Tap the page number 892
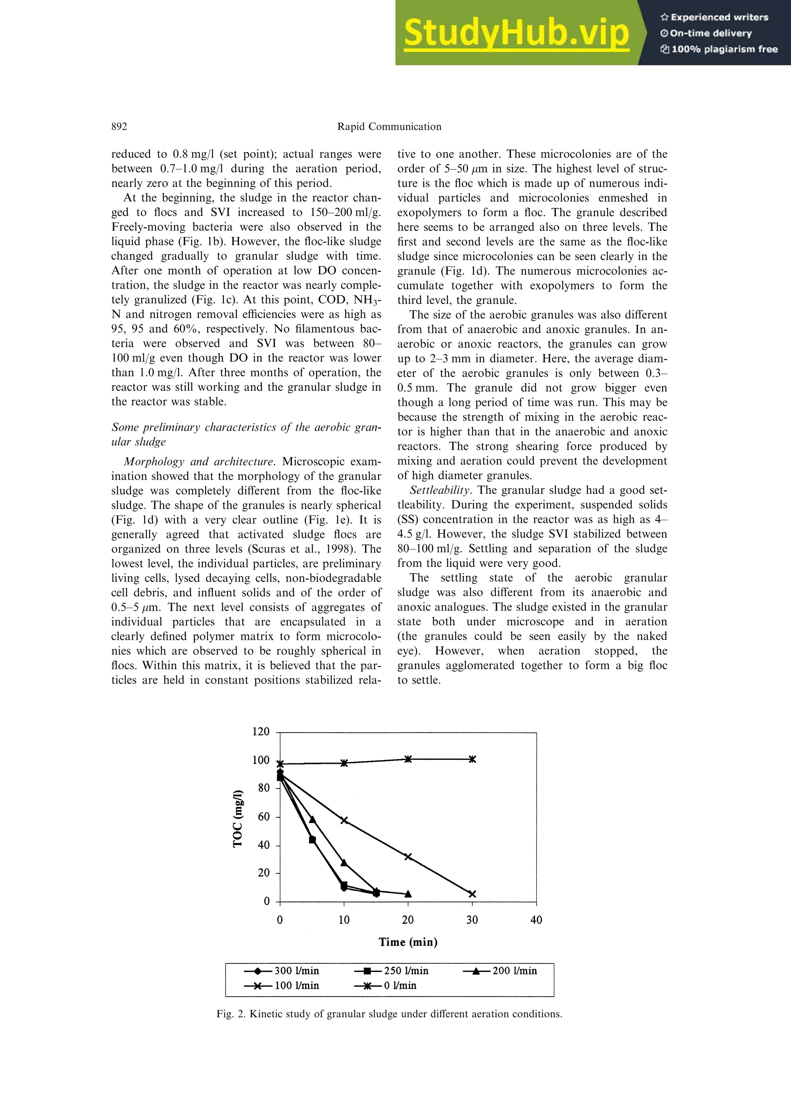pos(119,127)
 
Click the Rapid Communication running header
pos(389,127)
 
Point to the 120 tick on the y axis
pos(261,732)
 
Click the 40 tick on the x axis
pos(536,920)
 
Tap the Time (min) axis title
pos(408,942)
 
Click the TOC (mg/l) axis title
pos(238,818)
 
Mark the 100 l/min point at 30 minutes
pos(472,894)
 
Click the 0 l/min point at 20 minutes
pos(408,759)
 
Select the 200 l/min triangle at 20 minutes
pos(408,894)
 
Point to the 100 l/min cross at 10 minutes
pos(344,820)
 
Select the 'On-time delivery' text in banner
pos(711,33)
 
